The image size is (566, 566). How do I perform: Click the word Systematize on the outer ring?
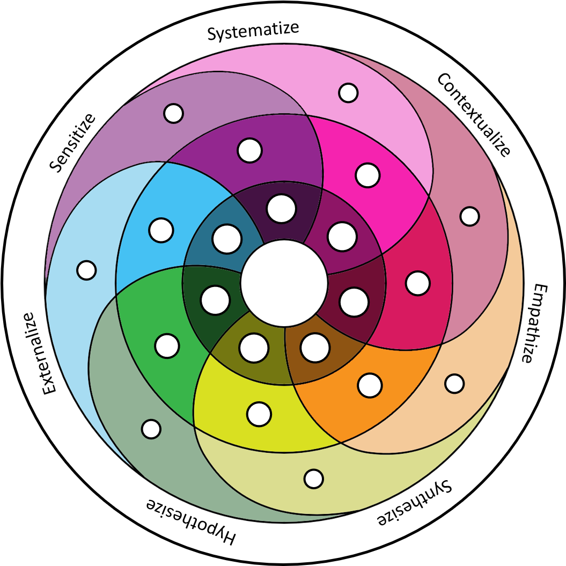(x=253, y=31)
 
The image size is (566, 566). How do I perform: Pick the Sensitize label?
(x=72, y=143)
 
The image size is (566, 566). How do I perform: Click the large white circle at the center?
(x=284, y=283)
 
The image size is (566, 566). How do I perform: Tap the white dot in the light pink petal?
(x=348, y=93)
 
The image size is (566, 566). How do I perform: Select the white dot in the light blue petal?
(x=86, y=270)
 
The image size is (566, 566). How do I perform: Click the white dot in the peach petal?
(x=454, y=383)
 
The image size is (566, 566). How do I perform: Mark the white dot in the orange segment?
(x=370, y=385)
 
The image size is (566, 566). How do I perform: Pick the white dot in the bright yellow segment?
(x=259, y=414)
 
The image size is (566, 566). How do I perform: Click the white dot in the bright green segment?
(x=167, y=346)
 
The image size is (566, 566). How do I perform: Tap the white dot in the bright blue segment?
(x=161, y=230)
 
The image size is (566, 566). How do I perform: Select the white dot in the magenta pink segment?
(x=367, y=175)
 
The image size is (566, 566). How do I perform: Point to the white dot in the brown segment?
(x=315, y=348)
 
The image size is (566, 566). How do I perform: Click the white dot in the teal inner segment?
(x=226, y=239)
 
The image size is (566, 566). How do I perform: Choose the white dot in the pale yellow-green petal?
(x=313, y=478)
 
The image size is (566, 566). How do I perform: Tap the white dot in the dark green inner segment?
(x=215, y=300)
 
